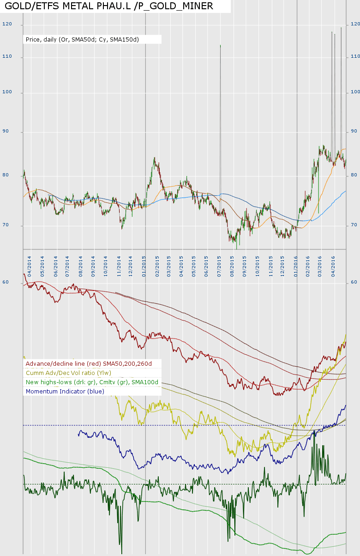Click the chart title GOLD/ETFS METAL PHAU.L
click(x=109, y=6)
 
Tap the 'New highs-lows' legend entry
click(x=92, y=382)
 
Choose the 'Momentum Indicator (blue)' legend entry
click(x=65, y=391)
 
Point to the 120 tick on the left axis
click(x=6, y=24)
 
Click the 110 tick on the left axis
click(x=6, y=57)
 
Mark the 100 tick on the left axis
click(x=6, y=93)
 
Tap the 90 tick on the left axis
click(x=6, y=132)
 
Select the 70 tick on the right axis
click(x=354, y=225)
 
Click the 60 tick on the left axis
click(x=6, y=282)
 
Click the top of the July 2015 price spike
click(x=220, y=45)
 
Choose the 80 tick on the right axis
click(x=354, y=175)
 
